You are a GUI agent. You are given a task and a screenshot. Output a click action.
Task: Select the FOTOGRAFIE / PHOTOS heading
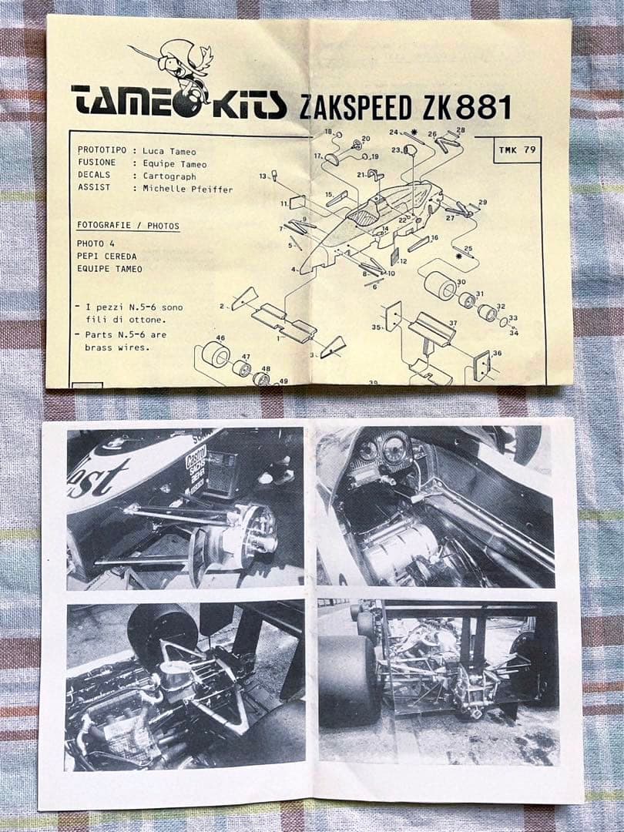128,226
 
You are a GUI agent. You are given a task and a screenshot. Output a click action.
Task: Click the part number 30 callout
461,282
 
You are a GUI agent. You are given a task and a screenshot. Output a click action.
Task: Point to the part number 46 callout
220,338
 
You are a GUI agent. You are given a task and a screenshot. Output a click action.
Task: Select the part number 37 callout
452,324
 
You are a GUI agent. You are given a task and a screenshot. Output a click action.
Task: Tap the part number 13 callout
263,176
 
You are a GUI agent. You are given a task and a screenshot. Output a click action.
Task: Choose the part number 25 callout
468,249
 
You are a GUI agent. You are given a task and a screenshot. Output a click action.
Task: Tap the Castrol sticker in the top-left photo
196,466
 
